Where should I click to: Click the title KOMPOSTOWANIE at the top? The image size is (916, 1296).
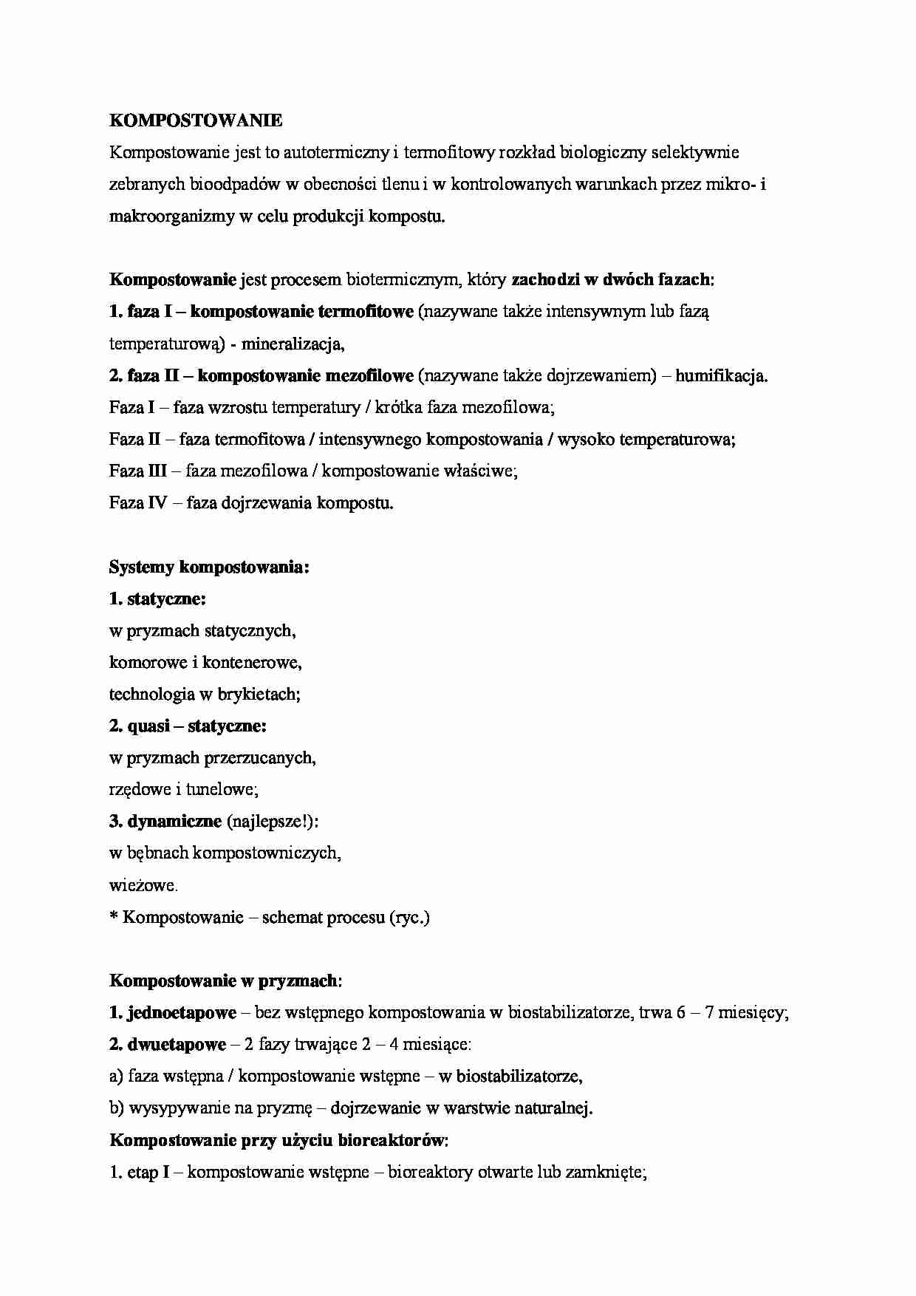tap(196, 120)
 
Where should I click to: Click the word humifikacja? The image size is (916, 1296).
tap(720, 375)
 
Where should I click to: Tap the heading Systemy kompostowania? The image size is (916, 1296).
tap(209, 567)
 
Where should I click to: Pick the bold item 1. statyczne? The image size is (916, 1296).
tap(157, 598)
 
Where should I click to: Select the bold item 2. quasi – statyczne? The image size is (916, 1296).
tap(188, 726)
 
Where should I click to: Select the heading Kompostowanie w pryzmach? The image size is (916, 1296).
tap(225, 980)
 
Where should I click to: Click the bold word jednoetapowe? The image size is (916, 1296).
tap(182, 1012)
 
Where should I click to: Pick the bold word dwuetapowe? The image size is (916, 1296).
tap(177, 1044)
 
